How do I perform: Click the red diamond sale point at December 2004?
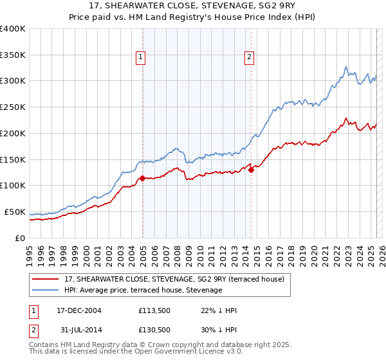tap(142, 178)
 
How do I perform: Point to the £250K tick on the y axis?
tap(13, 107)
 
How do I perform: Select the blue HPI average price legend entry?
tap(143, 291)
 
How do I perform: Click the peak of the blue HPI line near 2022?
tap(346, 66)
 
